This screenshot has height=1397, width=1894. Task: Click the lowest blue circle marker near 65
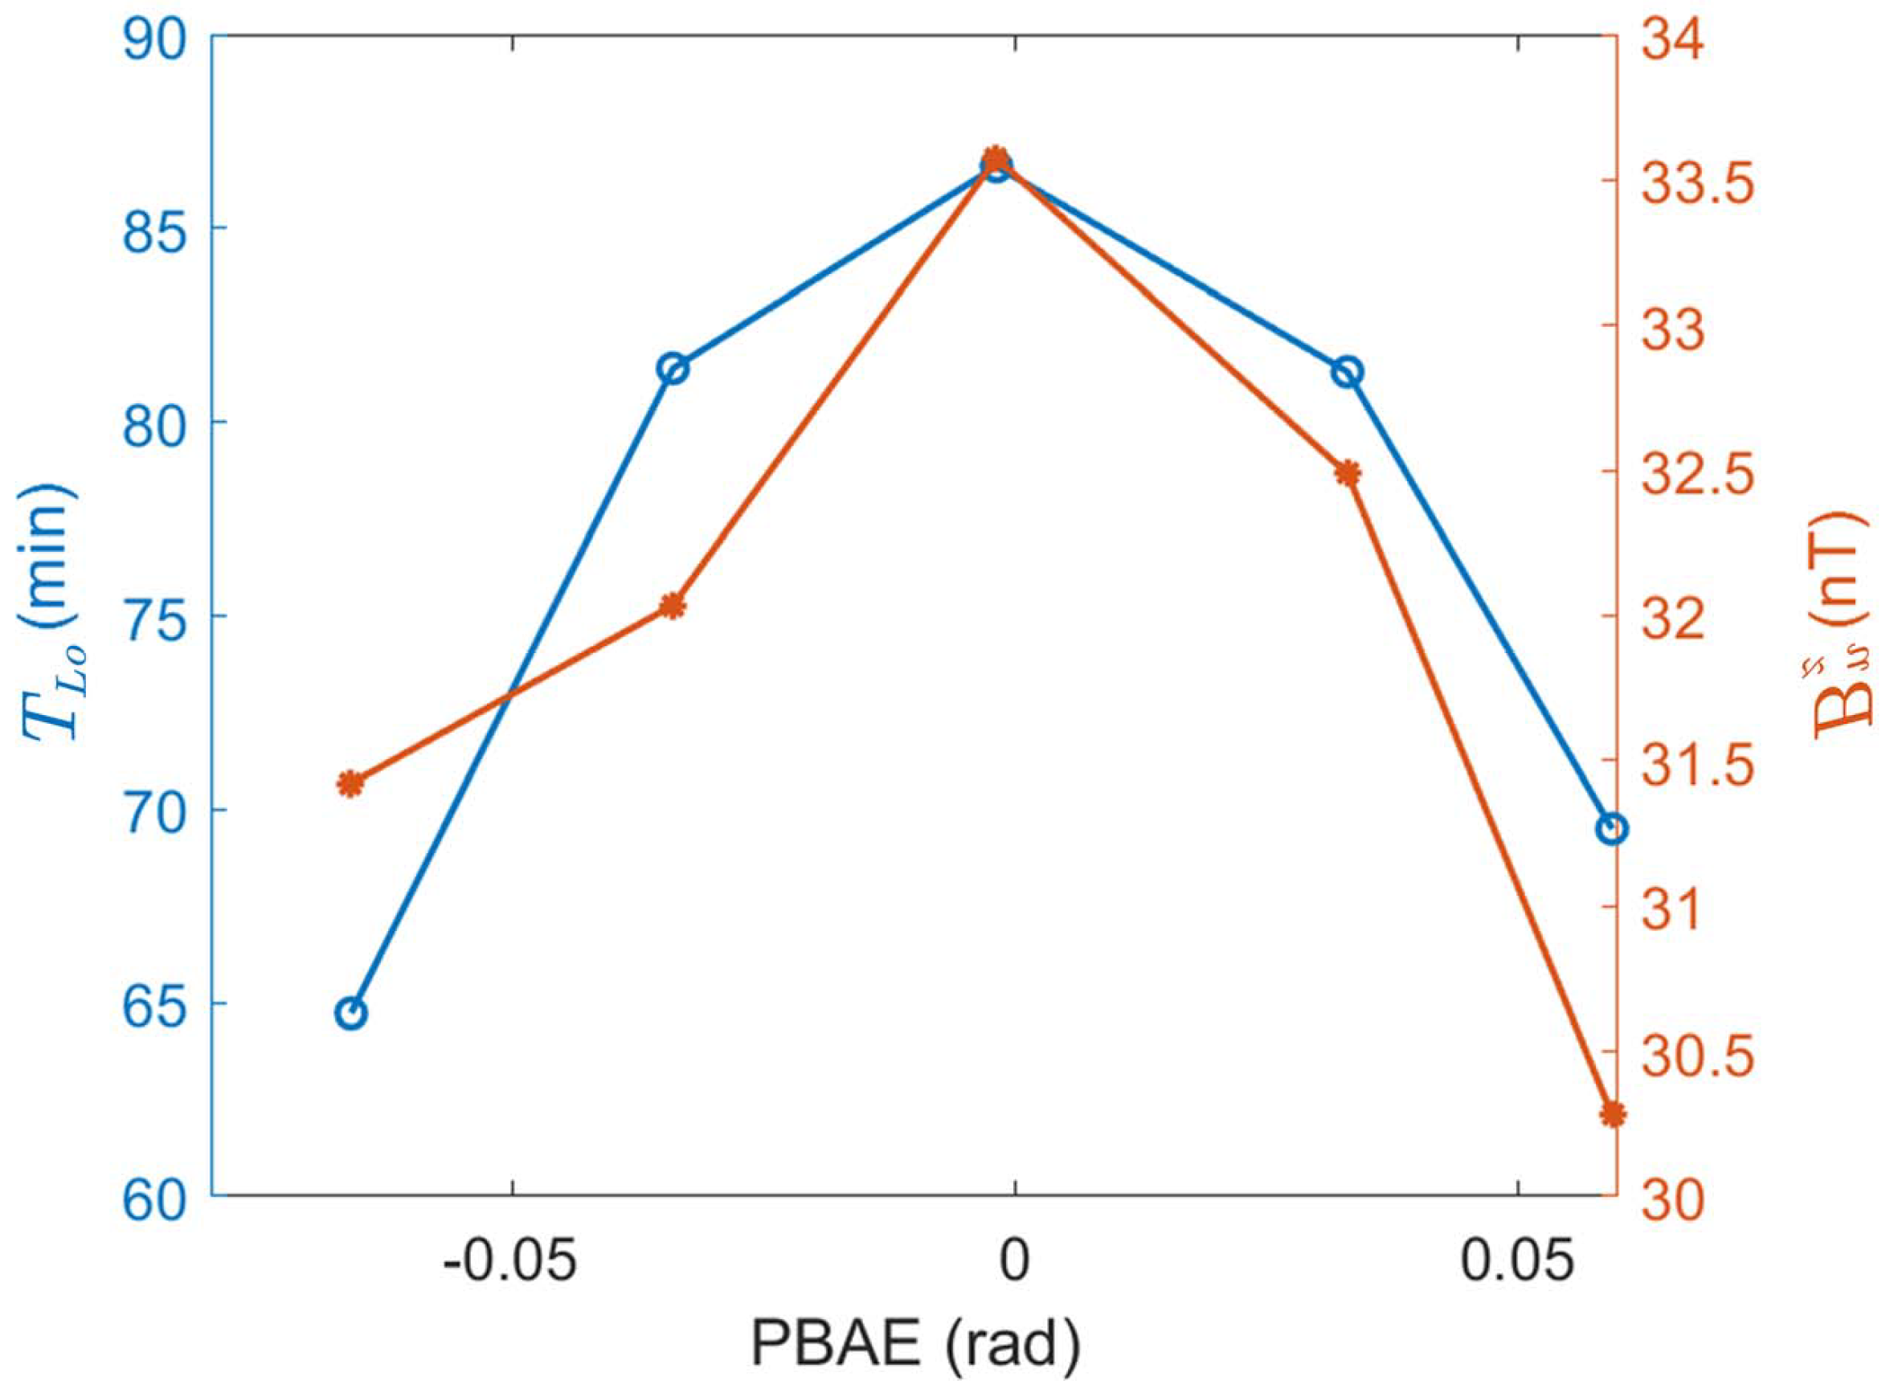click(x=351, y=1013)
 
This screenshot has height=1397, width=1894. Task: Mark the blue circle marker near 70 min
click(x=1612, y=830)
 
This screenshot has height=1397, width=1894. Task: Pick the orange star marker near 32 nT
click(x=672, y=606)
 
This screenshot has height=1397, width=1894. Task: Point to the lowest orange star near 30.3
click(x=1612, y=1114)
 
